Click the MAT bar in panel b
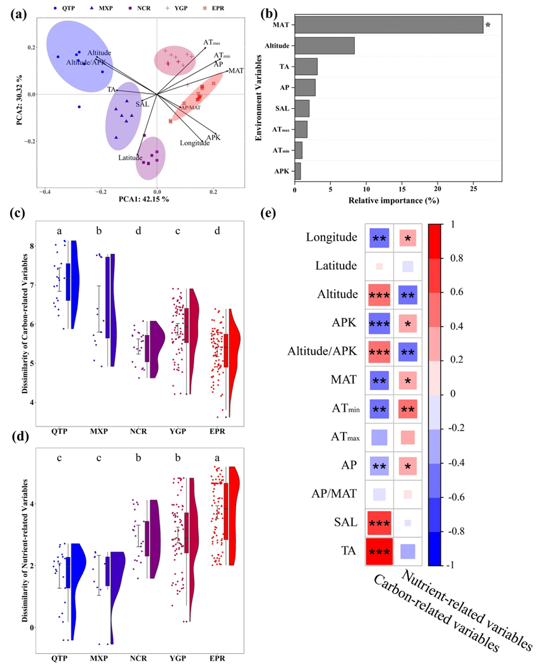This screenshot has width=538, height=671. pyautogui.click(x=388, y=25)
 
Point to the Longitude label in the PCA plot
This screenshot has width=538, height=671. pyautogui.click(x=194, y=143)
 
